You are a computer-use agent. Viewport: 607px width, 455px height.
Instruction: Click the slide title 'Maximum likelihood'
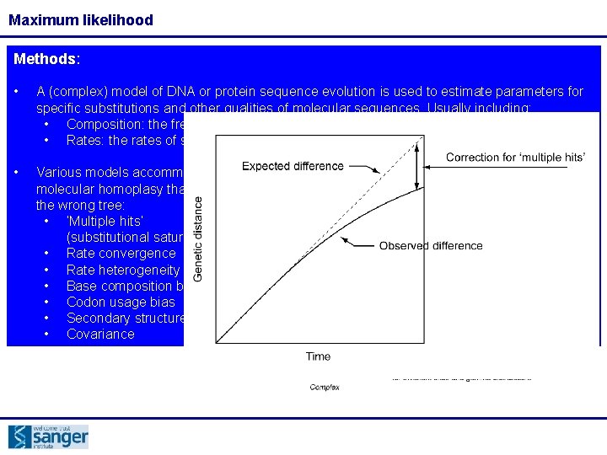click(x=81, y=19)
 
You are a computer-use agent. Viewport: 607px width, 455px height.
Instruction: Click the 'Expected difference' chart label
click(x=293, y=166)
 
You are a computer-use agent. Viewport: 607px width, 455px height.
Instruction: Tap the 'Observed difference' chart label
click(x=431, y=245)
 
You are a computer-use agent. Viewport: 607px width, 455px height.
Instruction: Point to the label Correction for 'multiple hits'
click(x=515, y=158)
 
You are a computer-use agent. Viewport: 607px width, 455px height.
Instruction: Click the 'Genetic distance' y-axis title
click(x=199, y=238)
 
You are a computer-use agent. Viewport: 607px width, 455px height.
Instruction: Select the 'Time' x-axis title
click(x=318, y=356)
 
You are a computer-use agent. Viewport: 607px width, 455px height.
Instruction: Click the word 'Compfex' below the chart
click(x=325, y=387)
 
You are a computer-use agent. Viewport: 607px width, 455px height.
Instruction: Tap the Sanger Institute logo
click(x=48, y=436)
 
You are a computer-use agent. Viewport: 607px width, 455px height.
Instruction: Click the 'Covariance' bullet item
click(x=100, y=334)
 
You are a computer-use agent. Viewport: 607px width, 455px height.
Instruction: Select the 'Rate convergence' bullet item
click(x=121, y=254)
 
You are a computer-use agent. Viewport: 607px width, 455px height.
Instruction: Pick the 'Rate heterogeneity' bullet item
click(x=122, y=270)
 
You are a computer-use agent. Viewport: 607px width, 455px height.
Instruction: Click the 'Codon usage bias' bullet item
click(x=121, y=302)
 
